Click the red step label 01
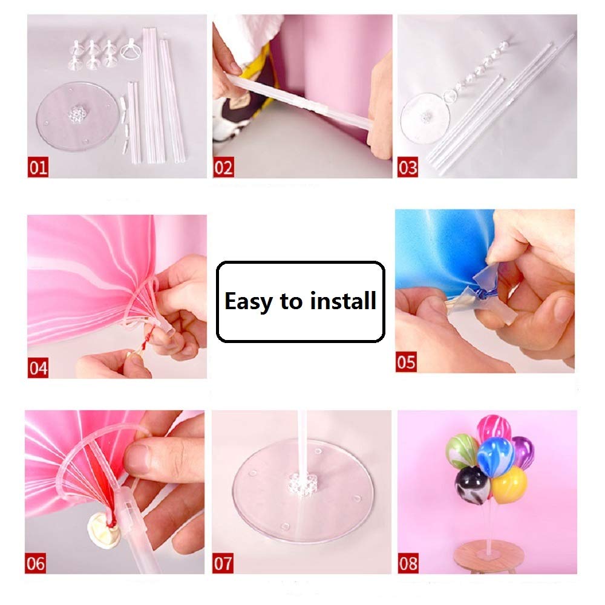coord(38,167)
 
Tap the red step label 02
coord(223,167)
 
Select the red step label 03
coord(408,167)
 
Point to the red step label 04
coord(38,368)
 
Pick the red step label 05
coord(406,362)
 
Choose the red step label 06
coord(36,563)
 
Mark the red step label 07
coord(223,563)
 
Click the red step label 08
coord(408,563)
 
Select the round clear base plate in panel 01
coord(76,116)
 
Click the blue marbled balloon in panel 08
coord(496,457)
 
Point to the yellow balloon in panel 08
coord(509,485)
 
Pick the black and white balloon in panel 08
coord(473,485)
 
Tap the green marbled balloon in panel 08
coord(463,451)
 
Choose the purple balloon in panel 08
coord(523,453)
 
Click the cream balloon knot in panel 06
coord(103,528)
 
